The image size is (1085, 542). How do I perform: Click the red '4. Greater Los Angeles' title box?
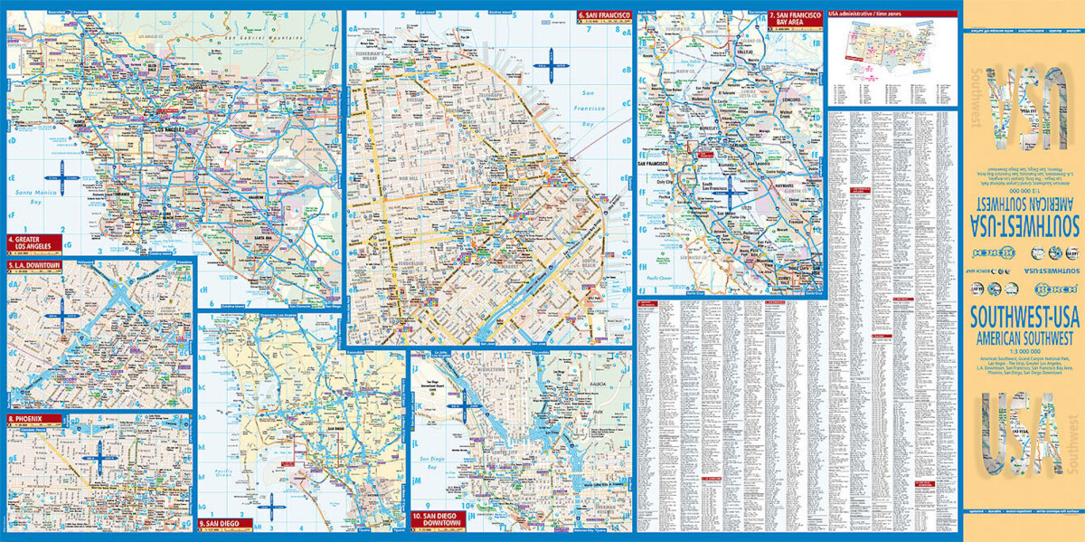coord(34,242)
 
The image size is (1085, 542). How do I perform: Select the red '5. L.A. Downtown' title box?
coord(34,265)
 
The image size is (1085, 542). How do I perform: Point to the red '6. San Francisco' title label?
coord(605,15)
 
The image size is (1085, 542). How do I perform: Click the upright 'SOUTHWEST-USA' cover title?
coord(1023,318)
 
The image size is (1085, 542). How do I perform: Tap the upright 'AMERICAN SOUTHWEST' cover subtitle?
coord(1023,335)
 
